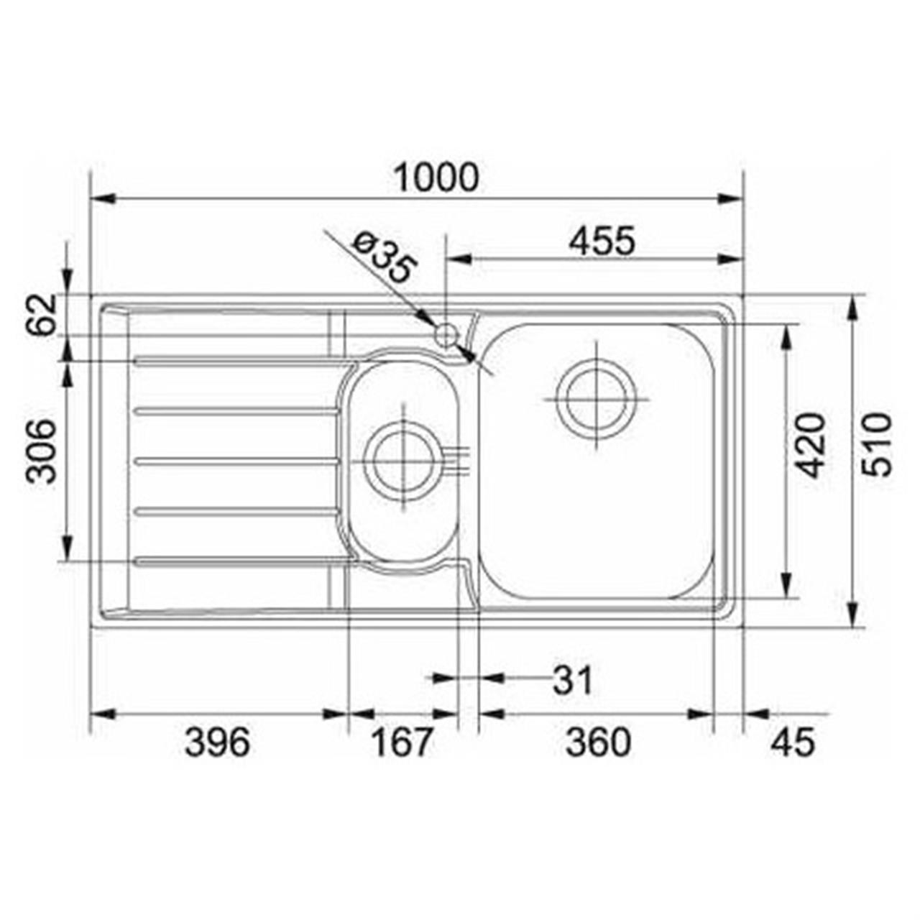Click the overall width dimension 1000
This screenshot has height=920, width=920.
[436, 178]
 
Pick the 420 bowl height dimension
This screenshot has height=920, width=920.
[811, 446]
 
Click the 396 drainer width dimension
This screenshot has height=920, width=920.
[217, 743]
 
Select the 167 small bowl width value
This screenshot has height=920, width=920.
[402, 743]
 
